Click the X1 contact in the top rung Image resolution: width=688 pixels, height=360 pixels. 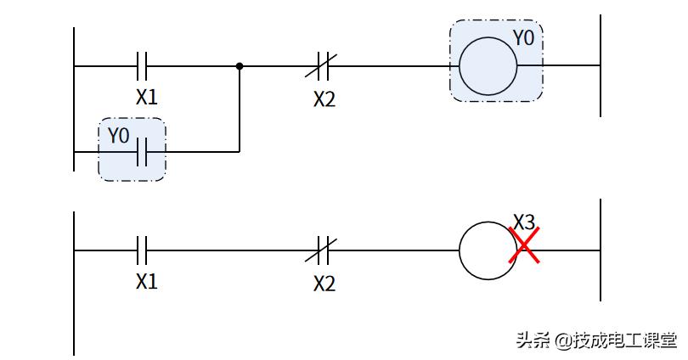[x=144, y=65]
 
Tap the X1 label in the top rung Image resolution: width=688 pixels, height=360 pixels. [x=147, y=97]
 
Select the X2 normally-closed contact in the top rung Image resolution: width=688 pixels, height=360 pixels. [x=323, y=65]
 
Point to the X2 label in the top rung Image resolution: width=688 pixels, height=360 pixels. [x=324, y=99]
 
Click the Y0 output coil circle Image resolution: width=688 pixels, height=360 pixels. [x=488, y=65]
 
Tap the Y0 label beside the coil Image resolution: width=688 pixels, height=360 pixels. [x=524, y=38]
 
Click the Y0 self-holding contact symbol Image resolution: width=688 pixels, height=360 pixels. [x=144, y=153]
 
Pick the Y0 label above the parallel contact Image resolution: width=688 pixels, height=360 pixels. [x=119, y=134]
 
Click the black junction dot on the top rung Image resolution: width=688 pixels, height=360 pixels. [x=240, y=65]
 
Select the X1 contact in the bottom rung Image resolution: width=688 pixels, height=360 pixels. [x=144, y=250]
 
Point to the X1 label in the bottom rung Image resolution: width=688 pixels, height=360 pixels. [x=147, y=281]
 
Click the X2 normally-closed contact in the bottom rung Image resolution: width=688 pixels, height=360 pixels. [x=323, y=250]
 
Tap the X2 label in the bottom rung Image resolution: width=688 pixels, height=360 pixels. [x=324, y=284]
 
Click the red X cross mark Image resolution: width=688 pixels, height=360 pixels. [x=525, y=246]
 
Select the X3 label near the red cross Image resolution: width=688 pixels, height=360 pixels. [x=524, y=222]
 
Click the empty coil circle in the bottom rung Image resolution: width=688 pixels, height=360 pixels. [x=487, y=250]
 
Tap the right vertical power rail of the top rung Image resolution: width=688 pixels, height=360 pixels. [x=601, y=65]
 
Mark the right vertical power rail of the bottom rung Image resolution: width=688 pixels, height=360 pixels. [x=601, y=250]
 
